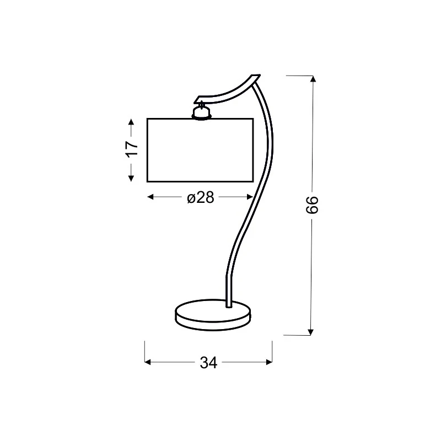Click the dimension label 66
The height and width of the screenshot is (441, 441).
[x=312, y=205]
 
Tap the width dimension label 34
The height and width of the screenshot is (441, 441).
[x=208, y=363]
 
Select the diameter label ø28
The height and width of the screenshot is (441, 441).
[x=201, y=197]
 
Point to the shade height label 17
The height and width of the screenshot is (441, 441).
[x=132, y=149]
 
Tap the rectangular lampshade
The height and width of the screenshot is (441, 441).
[x=200, y=150]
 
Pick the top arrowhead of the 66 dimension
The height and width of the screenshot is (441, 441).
[x=313, y=79]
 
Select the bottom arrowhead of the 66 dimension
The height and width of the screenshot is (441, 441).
[x=310, y=332]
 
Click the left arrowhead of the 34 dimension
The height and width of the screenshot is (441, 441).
[x=148, y=362]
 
